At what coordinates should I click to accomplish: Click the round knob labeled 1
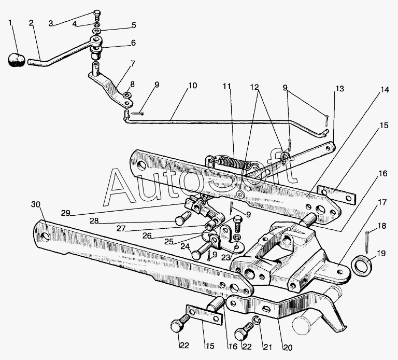coord(16,60)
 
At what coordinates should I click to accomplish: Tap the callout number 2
coord(31,23)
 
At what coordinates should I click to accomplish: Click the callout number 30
coord(36,204)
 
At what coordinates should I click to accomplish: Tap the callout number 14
coord(385,90)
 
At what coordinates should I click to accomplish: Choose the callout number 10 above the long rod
coord(192,86)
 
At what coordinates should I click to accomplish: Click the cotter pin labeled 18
coord(368,242)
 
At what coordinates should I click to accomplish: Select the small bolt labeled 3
coord(97,15)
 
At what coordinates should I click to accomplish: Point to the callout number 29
coord(65,213)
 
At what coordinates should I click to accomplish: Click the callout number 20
coord(288,348)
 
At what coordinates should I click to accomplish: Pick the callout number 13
coord(339,89)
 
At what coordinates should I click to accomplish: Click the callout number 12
coord(254,87)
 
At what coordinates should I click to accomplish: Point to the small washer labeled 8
coord(126,95)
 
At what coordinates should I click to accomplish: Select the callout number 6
coord(133,43)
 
